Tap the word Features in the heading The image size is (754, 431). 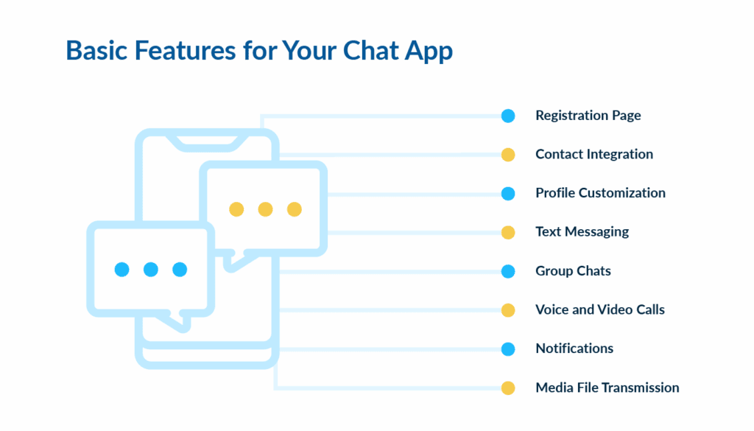coord(172,50)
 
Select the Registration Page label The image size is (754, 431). coord(588,116)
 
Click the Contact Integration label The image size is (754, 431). coord(593,154)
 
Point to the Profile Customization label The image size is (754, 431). coord(600,193)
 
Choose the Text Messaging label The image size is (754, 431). coord(582,231)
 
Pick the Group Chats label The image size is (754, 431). coord(573,270)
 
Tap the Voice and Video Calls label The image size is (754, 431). coord(599,309)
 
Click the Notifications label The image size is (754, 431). coord(574,348)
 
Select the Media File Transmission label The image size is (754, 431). coord(607,388)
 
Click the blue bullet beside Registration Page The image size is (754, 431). coord(508,116)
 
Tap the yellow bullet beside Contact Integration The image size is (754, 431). coord(508,155)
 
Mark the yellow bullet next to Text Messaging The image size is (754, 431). coord(508,232)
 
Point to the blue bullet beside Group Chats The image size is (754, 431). coord(508,271)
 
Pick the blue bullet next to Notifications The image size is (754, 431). coord(508,348)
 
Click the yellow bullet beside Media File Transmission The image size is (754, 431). coord(508,388)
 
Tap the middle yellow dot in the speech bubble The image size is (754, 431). coord(265,209)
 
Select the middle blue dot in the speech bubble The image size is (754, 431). coord(151,270)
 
